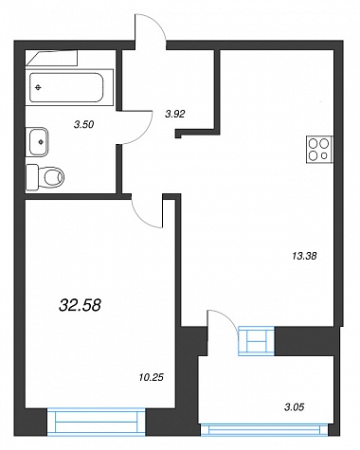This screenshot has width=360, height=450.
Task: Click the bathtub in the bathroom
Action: pos(66,87)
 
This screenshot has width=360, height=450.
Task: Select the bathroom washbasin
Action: pos(39,142)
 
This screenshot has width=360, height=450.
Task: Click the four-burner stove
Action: pos(319,150)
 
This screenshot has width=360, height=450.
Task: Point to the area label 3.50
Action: pos(83,125)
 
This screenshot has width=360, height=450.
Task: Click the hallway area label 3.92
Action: pos(174,114)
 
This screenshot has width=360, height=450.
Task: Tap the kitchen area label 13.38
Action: pos(304,256)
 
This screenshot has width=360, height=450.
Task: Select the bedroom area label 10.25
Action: pos(152,377)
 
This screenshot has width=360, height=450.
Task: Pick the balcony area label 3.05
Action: pos(294,407)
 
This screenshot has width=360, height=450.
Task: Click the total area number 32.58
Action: pos(80,305)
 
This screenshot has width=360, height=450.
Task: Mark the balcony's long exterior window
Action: pos(264,430)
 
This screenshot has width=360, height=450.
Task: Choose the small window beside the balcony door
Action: pos(256,341)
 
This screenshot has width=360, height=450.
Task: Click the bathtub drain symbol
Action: pos(38,87)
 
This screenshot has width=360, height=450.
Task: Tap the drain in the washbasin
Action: pos(41,142)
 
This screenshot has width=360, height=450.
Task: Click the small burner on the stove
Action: pos(324,155)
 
